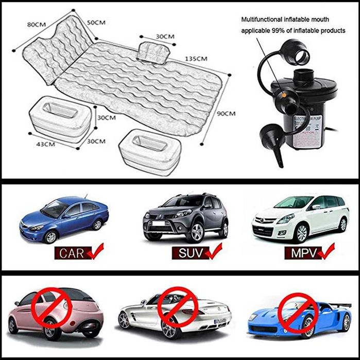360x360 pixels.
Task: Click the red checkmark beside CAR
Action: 95,252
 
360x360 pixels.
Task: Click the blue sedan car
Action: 64,219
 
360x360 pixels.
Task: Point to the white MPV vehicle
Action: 300,216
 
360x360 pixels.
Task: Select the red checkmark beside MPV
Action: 328,252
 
